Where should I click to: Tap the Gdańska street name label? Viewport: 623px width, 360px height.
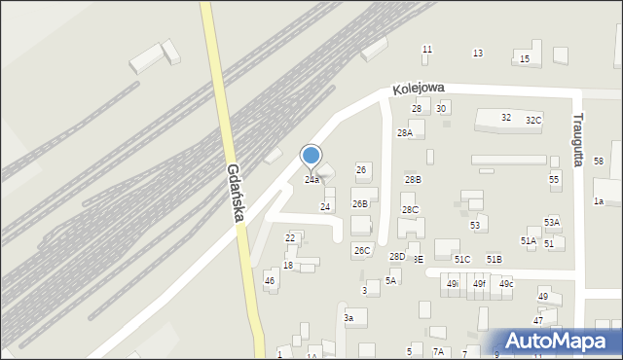pos(235,192)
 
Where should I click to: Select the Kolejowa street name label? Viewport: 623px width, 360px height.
pos(419,88)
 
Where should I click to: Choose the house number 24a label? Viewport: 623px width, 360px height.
pos(311,180)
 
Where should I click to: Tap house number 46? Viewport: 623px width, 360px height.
pos(270,281)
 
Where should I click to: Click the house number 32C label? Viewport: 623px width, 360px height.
pos(533,120)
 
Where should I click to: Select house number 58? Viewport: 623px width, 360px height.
pos(599,161)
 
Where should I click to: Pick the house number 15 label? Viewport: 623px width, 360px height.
pos(525,59)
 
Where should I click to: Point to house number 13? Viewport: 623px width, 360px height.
pos(477,53)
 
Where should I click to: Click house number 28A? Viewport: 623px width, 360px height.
pos(405,132)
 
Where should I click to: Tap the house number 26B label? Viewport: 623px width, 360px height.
pos(360,204)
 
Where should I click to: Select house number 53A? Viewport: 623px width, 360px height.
pos(552,223)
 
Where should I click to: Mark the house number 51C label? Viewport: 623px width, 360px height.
pos(462,259)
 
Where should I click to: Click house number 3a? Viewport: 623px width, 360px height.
pos(348,318)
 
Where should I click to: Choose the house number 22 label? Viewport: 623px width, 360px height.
pos(290,238)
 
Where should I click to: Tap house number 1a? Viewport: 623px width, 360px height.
pos(600,201)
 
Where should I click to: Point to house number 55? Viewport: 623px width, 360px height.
pos(554,180)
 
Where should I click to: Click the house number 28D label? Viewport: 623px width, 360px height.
pos(397,257)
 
